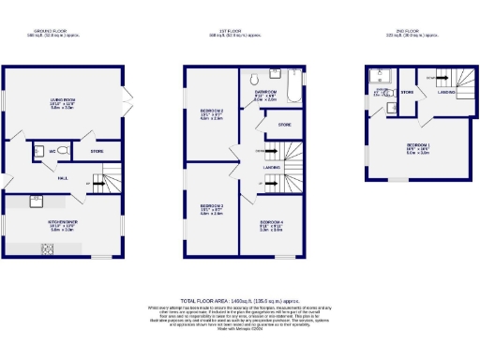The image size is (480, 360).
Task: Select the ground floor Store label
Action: click(x=97, y=150)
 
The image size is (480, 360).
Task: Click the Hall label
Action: click(x=62, y=177)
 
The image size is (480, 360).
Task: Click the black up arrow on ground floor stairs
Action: click(x=91, y=183)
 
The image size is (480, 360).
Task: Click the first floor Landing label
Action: click(x=272, y=168)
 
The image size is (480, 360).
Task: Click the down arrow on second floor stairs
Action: click(x=430, y=78)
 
